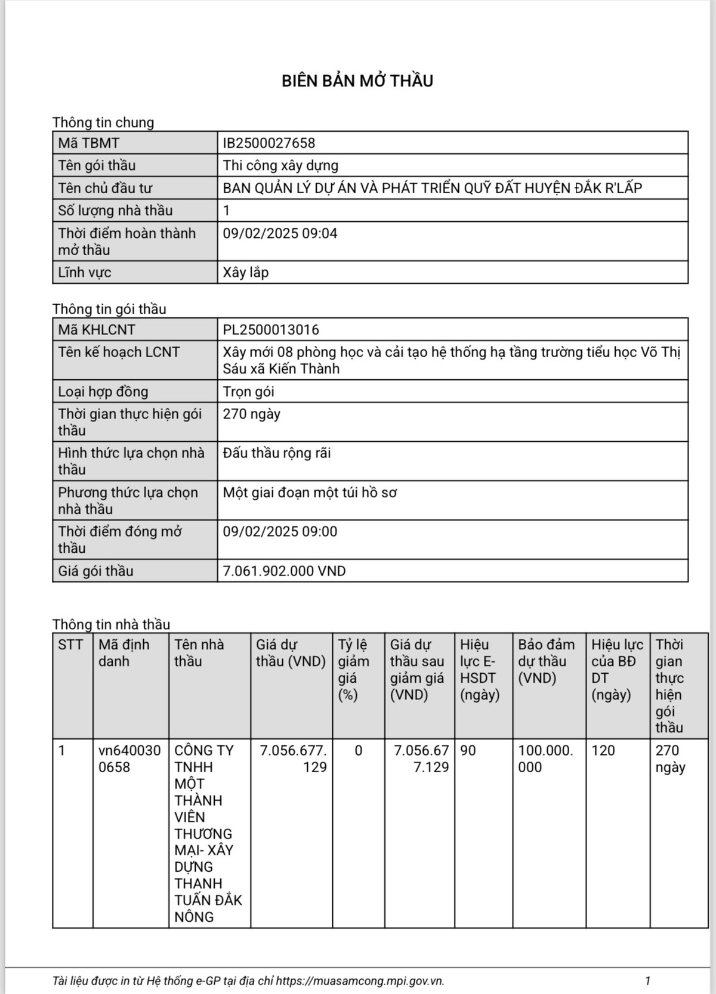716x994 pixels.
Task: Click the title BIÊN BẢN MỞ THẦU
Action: (357, 81)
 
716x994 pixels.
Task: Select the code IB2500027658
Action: (268, 143)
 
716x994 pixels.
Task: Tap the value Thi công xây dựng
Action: (280, 165)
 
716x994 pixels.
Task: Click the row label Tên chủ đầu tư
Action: (105, 188)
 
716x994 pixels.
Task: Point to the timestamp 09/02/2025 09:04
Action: (280, 233)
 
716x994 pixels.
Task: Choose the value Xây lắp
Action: (246, 273)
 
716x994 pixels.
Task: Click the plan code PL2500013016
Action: (271, 330)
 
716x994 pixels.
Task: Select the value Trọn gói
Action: (248, 392)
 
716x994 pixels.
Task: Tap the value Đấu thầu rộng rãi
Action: (277, 453)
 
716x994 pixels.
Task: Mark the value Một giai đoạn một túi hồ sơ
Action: (310, 493)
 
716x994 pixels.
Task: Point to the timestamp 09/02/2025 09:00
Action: (280, 531)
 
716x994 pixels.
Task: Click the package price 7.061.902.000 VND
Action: (284, 571)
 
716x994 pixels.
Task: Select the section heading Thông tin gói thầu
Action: (109, 309)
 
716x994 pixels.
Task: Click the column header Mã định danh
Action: (124, 653)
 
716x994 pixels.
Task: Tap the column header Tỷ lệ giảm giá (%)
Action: (353, 670)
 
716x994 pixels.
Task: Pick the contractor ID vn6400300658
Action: (129, 758)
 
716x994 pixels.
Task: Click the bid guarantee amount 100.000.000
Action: (545, 758)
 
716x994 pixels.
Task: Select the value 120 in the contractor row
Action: (603, 751)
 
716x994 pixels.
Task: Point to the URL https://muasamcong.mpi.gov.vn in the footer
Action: (360, 981)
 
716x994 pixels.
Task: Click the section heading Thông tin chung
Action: (103, 122)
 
